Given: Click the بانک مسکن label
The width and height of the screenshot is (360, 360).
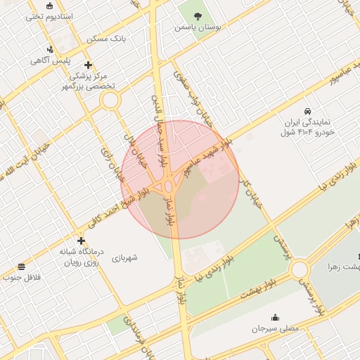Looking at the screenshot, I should coord(105,39).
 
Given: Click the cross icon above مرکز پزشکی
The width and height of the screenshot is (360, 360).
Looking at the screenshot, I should coord(87,65).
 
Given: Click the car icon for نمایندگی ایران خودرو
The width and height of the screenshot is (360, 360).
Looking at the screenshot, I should coord(307,111).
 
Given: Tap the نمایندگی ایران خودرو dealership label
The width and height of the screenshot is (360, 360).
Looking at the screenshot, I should coord(307,127).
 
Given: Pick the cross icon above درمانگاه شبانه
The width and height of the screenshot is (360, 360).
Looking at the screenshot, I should coord(82,240).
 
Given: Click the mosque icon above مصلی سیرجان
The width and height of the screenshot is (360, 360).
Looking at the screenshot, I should coord(274,316).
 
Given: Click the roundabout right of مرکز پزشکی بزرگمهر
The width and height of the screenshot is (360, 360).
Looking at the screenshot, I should coord(110,100).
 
